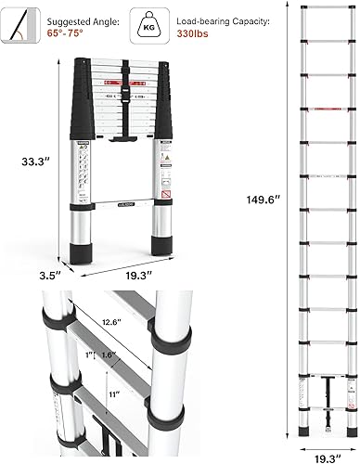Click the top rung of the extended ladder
(x=329, y=11)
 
